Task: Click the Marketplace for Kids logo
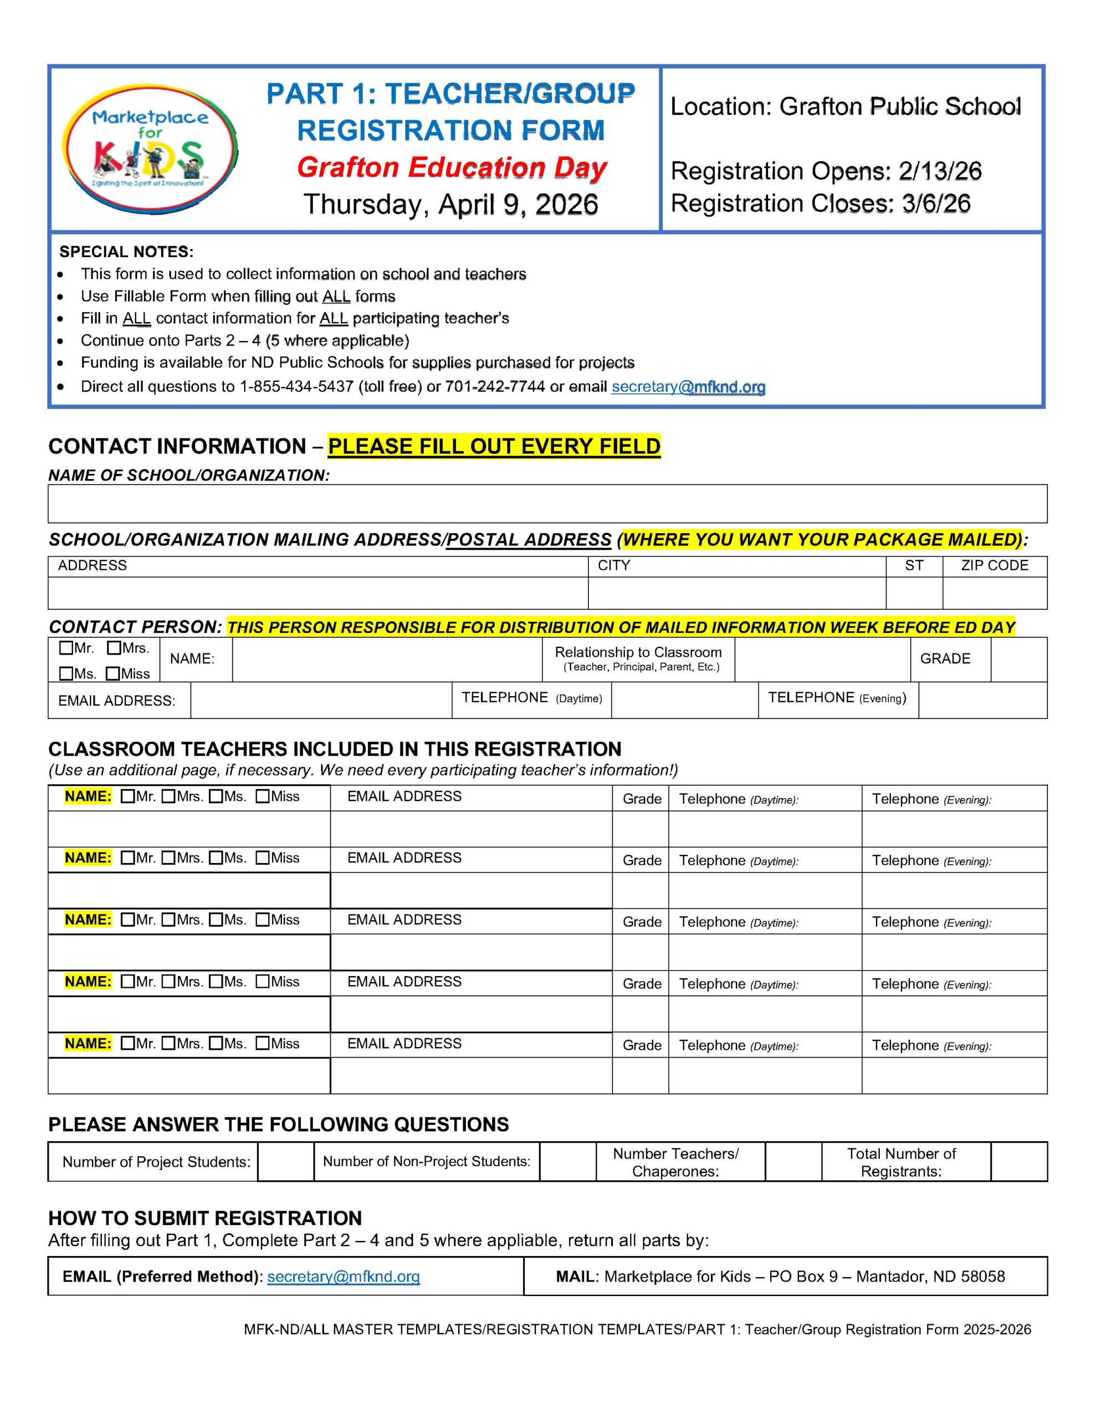(150, 149)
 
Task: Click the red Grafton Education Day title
(452, 167)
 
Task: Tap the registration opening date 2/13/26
(939, 171)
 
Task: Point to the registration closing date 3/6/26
(935, 204)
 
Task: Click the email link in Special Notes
(688, 387)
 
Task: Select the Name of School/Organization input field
(547, 503)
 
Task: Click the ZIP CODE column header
(994, 566)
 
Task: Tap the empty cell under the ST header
(914, 593)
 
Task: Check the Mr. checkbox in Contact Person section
(65, 648)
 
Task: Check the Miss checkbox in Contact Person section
(113, 674)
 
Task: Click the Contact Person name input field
(387, 660)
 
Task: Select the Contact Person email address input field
(321, 701)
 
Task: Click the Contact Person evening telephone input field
(982, 701)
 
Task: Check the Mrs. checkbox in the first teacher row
(168, 797)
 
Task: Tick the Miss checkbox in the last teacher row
(263, 1043)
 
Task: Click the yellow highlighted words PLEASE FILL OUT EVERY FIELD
(494, 446)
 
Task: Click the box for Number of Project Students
(285, 1162)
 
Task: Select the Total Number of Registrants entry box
(1018, 1162)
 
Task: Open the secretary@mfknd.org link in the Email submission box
(343, 1277)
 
